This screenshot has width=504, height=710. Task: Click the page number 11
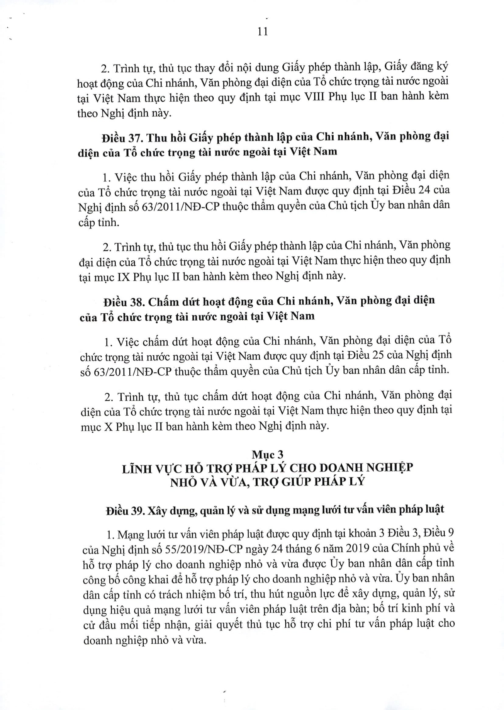pyautogui.click(x=263, y=32)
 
